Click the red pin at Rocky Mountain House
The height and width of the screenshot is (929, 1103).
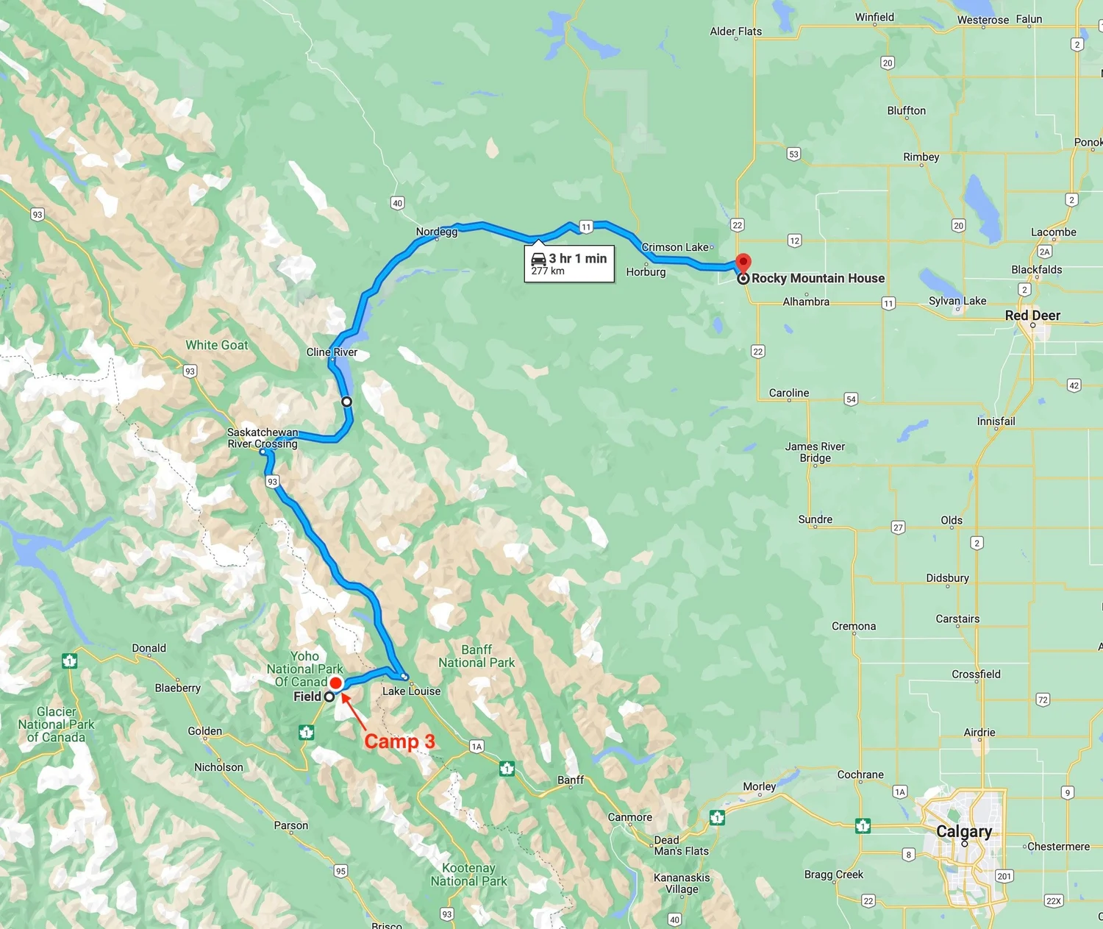pos(743,263)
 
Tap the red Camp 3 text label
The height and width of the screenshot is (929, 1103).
pos(399,741)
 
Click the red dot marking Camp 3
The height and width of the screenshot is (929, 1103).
pos(336,683)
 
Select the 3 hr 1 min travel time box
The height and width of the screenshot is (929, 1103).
pos(568,263)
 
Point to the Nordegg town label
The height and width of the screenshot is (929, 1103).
pos(437,232)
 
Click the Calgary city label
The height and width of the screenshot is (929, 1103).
pos(963,831)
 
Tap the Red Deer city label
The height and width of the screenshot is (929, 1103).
pos(1032,316)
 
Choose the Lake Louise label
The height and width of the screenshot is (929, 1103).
pos(411,691)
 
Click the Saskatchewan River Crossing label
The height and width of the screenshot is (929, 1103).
pos(263,438)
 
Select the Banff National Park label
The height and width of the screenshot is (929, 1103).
pos(476,656)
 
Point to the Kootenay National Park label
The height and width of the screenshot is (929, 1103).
pos(468,875)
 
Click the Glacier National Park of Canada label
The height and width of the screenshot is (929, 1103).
pos(56,725)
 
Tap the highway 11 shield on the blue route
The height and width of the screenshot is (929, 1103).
pos(585,227)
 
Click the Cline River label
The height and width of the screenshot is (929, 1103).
pos(332,352)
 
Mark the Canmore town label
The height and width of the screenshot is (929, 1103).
pos(629,817)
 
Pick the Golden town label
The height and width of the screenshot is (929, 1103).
pos(204,731)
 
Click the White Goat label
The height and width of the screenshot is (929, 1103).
pos(217,345)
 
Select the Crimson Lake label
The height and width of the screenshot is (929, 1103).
pos(674,247)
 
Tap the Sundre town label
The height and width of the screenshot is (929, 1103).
pos(815,519)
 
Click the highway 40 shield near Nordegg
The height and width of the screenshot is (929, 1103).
pos(397,203)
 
